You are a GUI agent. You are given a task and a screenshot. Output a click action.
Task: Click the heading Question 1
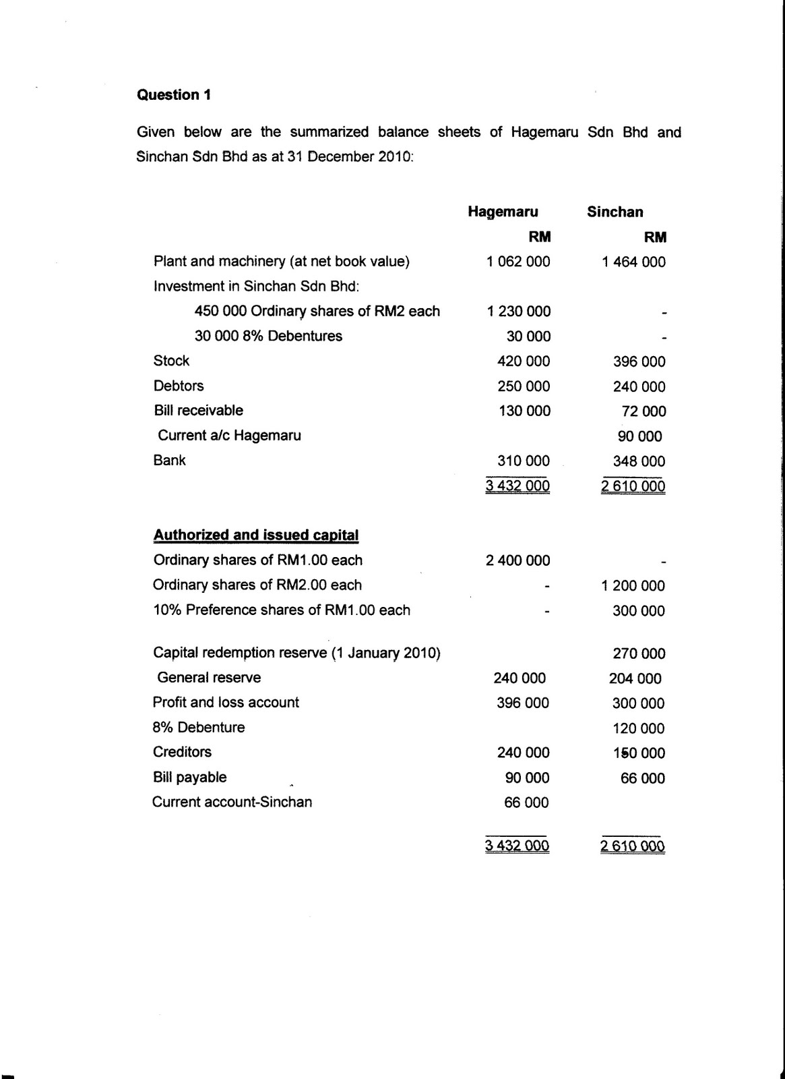click(x=174, y=95)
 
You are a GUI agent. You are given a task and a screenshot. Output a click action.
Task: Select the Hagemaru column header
click(x=503, y=212)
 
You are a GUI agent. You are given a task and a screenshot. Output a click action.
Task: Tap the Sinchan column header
click(x=615, y=212)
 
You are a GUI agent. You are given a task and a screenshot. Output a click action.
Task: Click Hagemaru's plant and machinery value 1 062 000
click(x=517, y=262)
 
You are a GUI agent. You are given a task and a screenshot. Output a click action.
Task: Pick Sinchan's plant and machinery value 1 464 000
click(x=633, y=262)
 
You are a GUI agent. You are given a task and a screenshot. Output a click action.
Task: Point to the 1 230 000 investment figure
click(x=517, y=312)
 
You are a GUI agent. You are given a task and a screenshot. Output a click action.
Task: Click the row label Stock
click(x=171, y=361)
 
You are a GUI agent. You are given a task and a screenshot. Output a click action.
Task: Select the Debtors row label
click(x=179, y=386)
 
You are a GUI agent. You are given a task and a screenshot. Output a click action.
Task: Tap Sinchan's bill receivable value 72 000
click(x=643, y=411)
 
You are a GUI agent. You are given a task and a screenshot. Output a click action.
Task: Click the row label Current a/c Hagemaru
click(x=229, y=436)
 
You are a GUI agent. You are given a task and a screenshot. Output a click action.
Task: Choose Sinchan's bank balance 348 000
click(x=639, y=461)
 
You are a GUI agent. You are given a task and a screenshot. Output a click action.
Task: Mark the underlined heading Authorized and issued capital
click(x=256, y=535)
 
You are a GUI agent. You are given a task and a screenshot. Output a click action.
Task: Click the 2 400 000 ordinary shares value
click(x=517, y=560)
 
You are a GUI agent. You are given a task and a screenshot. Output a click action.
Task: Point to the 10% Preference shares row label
click(x=282, y=610)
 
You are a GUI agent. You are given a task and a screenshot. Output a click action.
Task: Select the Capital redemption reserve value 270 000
click(x=639, y=653)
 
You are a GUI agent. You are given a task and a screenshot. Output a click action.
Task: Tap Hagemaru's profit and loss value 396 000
click(x=522, y=703)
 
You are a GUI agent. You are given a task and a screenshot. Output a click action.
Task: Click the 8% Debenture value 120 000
click(x=639, y=728)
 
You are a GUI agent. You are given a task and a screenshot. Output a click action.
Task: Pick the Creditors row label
click(x=182, y=752)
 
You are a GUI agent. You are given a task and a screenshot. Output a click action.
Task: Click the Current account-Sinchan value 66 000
click(x=526, y=803)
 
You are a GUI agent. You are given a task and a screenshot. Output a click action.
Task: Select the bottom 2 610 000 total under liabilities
click(x=633, y=846)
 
